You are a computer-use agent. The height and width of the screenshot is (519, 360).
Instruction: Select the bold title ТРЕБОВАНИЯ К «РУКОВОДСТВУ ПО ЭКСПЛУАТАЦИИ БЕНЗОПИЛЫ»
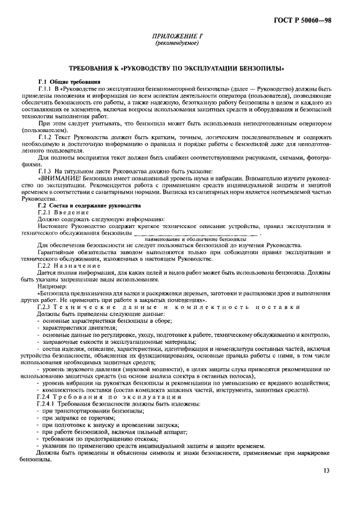[x=180, y=68]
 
